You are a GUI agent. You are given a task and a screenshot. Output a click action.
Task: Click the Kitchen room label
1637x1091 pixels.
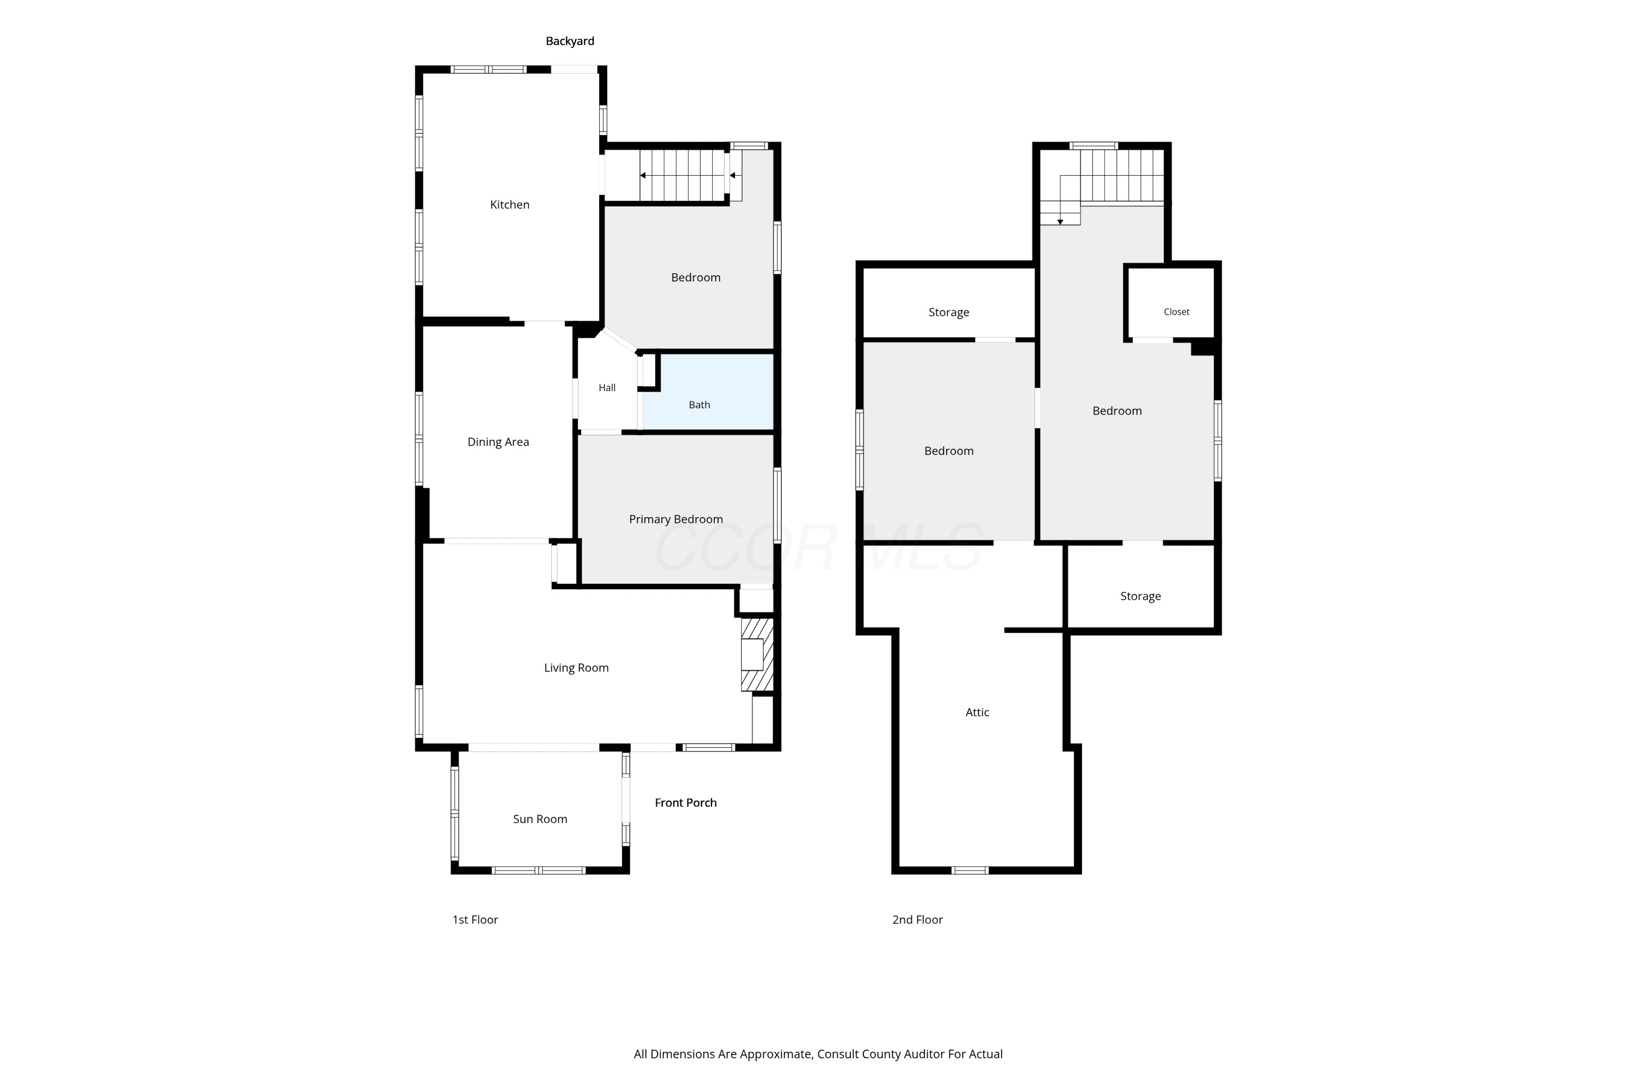pos(510,205)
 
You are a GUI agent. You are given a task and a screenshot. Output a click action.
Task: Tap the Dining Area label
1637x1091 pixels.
pos(498,442)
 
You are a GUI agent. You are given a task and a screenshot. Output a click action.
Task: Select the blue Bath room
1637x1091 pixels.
pos(708,392)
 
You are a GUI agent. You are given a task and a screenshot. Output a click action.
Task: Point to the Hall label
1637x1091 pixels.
pos(607,387)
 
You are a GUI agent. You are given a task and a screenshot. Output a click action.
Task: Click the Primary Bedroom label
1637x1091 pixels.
pos(676,519)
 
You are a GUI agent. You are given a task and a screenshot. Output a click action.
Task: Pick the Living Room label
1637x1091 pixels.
pos(576,668)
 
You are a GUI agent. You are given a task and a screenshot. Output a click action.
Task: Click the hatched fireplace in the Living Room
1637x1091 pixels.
pos(757,655)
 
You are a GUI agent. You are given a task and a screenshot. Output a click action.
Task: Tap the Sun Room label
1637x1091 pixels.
pos(540,819)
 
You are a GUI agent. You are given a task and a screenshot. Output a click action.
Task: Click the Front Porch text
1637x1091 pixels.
pos(685,802)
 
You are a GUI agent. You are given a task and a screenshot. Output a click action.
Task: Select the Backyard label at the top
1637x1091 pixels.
pos(570,41)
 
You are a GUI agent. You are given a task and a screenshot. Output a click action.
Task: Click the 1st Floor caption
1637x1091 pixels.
pos(475,920)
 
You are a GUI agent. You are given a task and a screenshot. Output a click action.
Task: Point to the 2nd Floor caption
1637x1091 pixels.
pos(917,920)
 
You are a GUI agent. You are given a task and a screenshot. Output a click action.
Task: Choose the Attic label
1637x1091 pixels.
pos(977,712)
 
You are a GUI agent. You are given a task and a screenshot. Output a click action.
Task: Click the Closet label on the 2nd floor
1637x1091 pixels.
pos(1176,311)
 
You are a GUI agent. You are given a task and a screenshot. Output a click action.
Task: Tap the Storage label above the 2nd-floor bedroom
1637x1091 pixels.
pos(949,313)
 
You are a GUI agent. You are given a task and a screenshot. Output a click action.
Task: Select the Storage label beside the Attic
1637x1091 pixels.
pos(1140,596)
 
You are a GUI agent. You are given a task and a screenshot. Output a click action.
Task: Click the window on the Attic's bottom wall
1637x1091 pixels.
pos(970,871)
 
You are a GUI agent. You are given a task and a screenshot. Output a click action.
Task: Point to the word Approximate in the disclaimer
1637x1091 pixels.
pos(775,1054)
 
